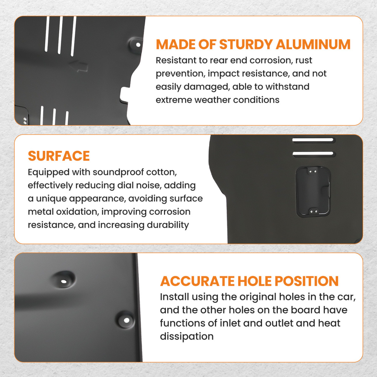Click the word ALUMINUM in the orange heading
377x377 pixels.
pyautogui.click(x=313, y=44)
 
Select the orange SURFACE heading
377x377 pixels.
pyautogui.click(x=59, y=156)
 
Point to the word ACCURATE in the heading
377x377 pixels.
pyautogui.click(x=198, y=281)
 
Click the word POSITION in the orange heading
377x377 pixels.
pyautogui.click(x=307, y=281)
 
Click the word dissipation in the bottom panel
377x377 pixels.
pyautogui.click(x=187, y=336)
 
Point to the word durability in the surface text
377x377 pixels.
pyautogui.click(x=168, y=225)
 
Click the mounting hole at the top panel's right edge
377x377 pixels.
pyautogui.click(x=138, y=45)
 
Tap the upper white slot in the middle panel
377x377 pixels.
pyautogui.click(x=313, y=140)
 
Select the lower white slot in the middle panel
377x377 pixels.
pyautogui.click(x=313, y=153)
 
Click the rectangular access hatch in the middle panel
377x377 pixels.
pyautogui.click(x=313, y=192)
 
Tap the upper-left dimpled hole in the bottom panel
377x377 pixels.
pyautogui.click(x=64, y=281)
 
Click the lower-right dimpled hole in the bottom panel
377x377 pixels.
pyautogui.click(x=126, y=320)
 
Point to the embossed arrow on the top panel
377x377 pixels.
pyautogui.click(x=79, y=66)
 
